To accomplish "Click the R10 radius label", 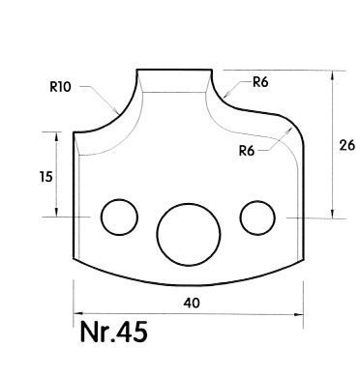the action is coord(60,87).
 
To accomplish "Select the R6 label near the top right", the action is coord(260,82).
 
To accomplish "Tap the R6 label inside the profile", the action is coord(247,151).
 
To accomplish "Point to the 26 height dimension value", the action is coord(347,145).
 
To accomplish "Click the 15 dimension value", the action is coord(46,177).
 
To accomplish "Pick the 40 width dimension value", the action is coord(192,303).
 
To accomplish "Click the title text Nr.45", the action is coord(113,332).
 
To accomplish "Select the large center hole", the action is coord(189,235).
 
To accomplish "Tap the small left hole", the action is coord(119,217).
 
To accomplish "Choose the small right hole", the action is coord(257,217).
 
